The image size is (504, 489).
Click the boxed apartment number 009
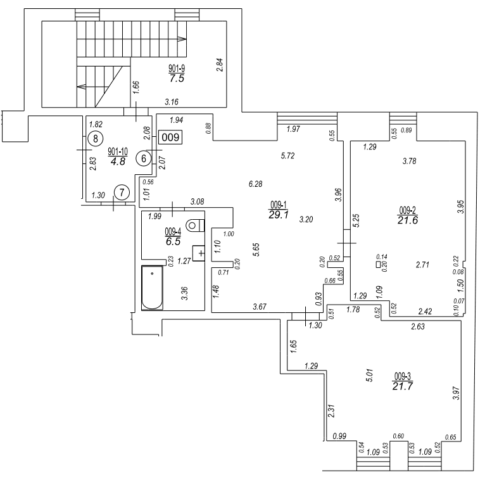pyautogui.click(x=170, y=137)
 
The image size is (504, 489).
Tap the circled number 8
pyautogui.click(x=96, y=139)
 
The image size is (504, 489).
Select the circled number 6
pyautogui.click(x=144, y=158)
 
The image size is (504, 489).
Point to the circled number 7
pyautogui.click(x=122, y=193)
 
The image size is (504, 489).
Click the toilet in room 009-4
pyautogui.click(x=195, y=225)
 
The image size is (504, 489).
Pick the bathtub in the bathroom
pyautogui.click(x=152, y=288)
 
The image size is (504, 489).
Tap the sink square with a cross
pyautogui.click(x=199, y=253)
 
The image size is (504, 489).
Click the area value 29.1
pyautogui.click(x=279, y=215)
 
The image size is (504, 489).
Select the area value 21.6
pyautogui.click(x=408, y=220)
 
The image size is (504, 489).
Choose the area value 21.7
pyautogui.click(x=403, y=386)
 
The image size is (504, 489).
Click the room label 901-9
pyautogui.click(x=177, y=68)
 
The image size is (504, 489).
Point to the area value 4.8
pyautogui.click(x=118, y=161)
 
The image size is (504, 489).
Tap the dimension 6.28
pyautogui.click(x=256, y=184)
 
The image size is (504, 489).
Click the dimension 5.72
pyautogui.click(x=287, y=156)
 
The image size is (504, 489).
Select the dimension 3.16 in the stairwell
pyautogui.click(x=172, y=102)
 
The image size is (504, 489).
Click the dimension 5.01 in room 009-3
pyautogui.click(x=370, y=375)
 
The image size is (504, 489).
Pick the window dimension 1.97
pyautogui.click(x=293, y=129)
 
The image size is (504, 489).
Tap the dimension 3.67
pyautogui.click(x=260, y=307)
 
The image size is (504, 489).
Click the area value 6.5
pyautogui.click(x=173, y=241)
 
